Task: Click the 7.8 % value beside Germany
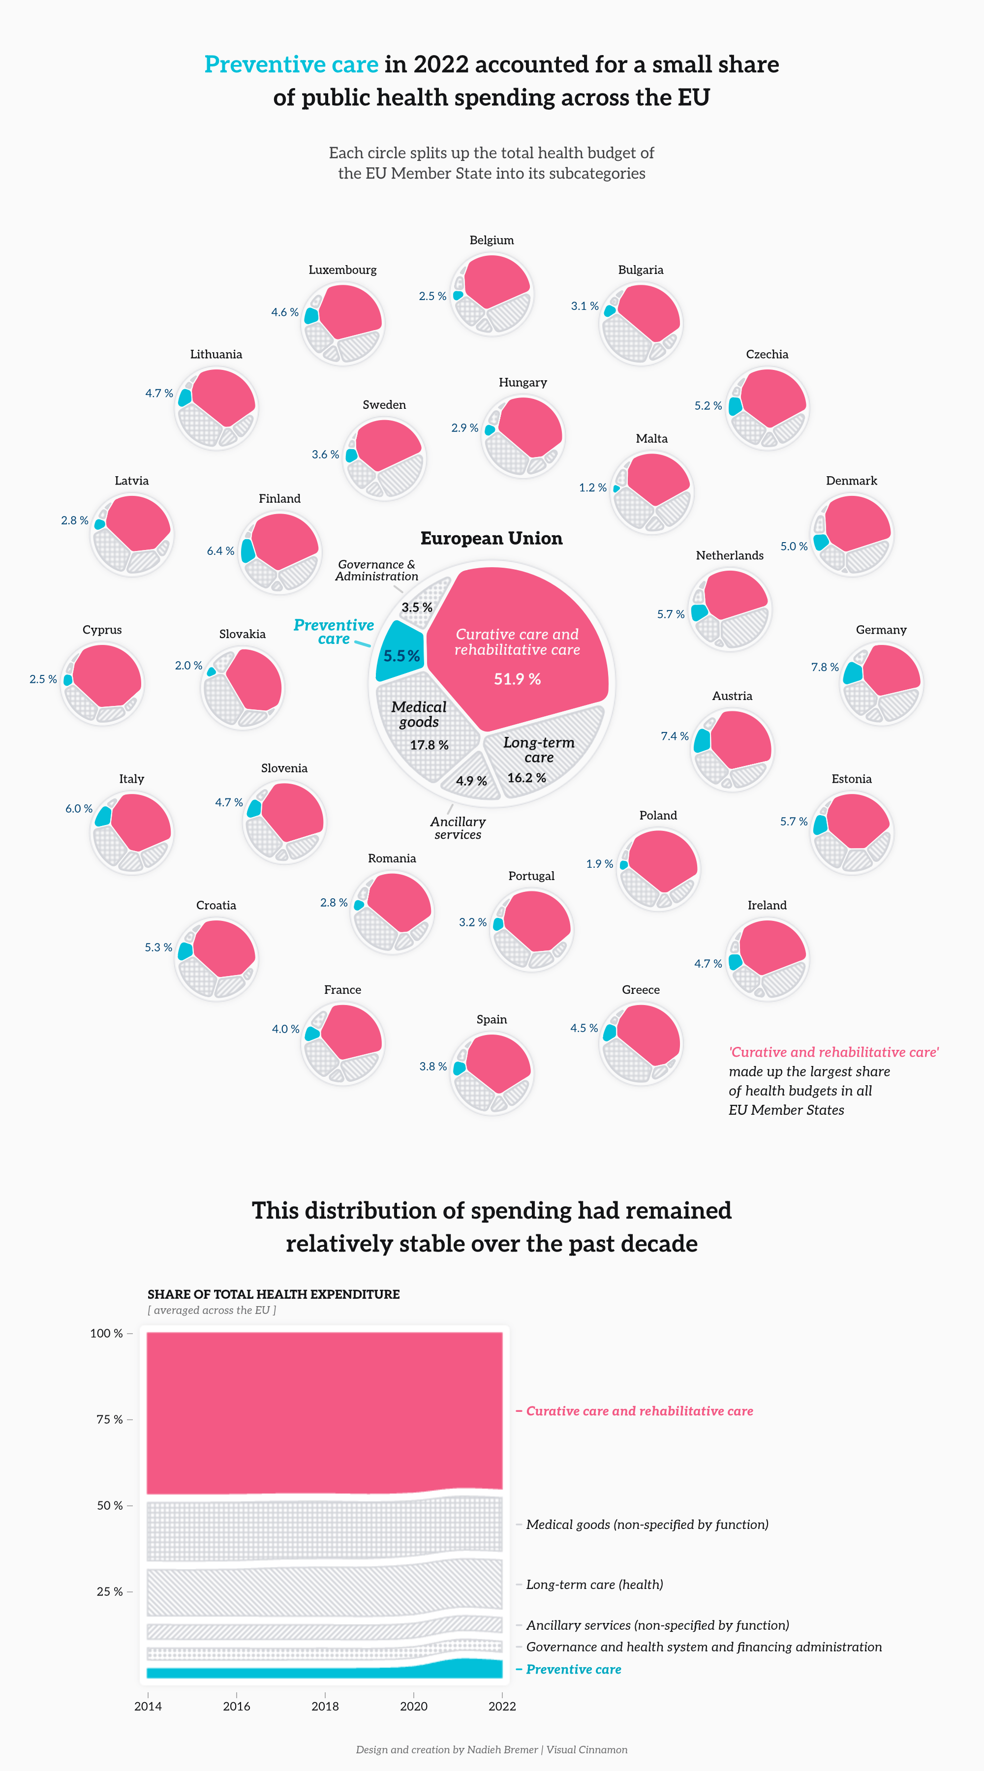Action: pos(825,667)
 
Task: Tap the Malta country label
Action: pos(651,439)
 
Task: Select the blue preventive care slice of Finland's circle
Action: pos(247,550)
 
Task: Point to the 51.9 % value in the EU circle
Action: pos(517,679)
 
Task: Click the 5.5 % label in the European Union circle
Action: pos(401,656)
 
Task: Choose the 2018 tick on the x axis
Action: pos(325,1706)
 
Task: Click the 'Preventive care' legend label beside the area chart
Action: pos(574,1669)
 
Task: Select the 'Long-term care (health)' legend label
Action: pos(594,1584)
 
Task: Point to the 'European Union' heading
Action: pos(491,538)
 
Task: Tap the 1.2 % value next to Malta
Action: pos(592,488)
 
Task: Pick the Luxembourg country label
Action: pos(342,270)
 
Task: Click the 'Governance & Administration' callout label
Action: pos(376,571)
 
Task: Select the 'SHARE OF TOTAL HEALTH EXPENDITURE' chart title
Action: pos(273,1294)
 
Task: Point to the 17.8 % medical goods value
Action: pos(429,745)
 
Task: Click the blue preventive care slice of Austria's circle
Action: pos(702,740)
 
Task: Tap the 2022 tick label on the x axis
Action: pos(502,1706)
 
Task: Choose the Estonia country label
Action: pos(851,779)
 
